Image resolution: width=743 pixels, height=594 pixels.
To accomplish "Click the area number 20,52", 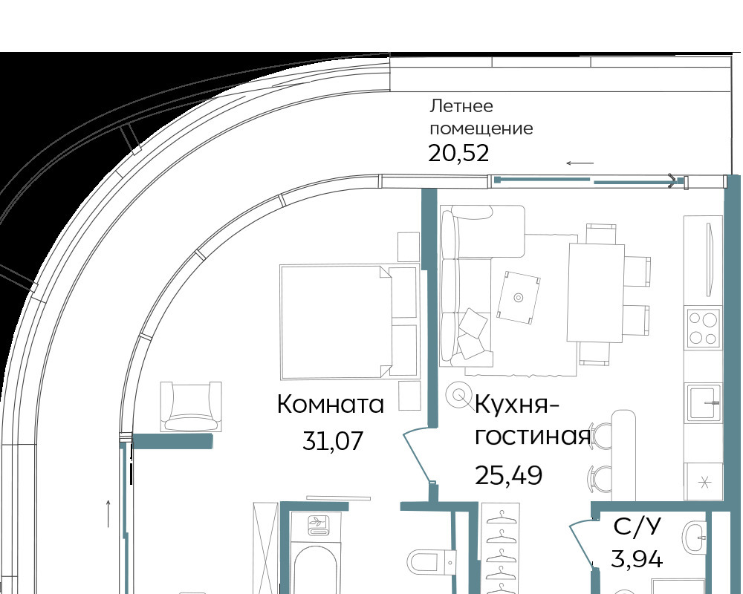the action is click(458, 154).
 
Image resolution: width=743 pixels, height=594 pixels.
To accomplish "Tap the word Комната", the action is click(331, 405).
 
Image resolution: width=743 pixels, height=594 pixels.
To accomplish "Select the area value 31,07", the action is click(333, 441).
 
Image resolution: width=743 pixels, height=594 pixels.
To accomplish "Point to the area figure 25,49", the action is click(508, 475).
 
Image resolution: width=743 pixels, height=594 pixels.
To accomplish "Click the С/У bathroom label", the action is click(637, 526).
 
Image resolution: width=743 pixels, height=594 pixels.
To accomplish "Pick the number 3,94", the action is click(637, 558).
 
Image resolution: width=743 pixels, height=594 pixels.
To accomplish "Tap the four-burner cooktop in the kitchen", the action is click(703, 327).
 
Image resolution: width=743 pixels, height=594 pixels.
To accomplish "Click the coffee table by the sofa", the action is click(519, 298).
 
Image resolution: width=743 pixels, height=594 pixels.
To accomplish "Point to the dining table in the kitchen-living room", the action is click(596, 293).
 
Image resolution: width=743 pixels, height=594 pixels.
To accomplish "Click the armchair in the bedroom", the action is click(191, 406).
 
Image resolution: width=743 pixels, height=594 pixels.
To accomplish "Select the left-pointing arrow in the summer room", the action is click(580, 163).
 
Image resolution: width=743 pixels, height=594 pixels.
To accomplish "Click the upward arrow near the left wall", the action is click(108, 514).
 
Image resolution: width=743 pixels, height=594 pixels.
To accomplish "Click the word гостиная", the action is click(533, 437).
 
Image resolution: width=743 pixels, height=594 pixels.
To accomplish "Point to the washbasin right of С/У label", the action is click(695, 538).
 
